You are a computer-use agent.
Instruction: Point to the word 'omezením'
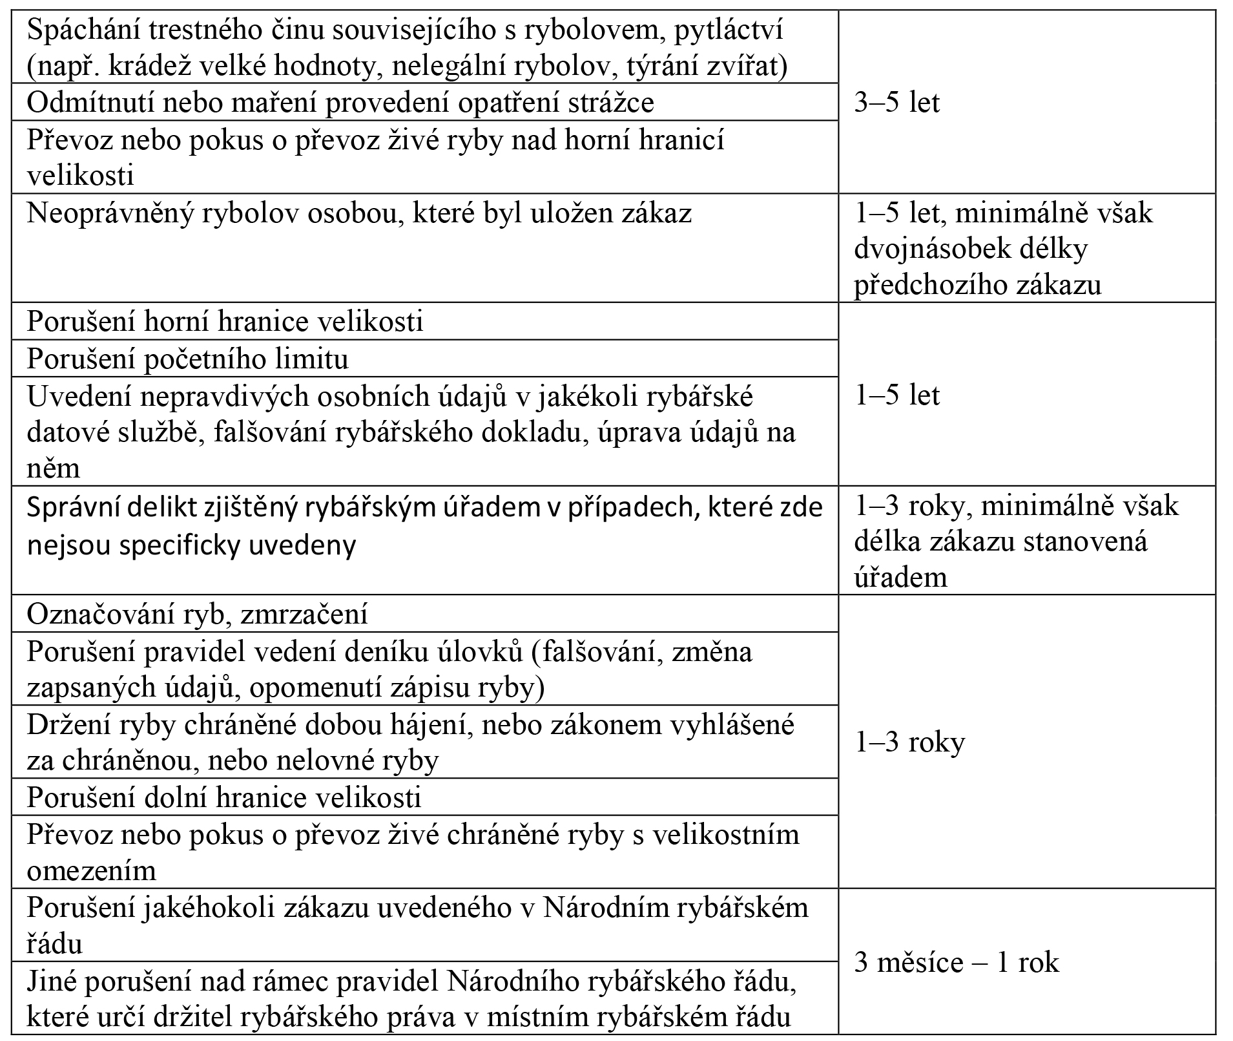91,870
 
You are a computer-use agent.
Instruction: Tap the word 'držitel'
194,1017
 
